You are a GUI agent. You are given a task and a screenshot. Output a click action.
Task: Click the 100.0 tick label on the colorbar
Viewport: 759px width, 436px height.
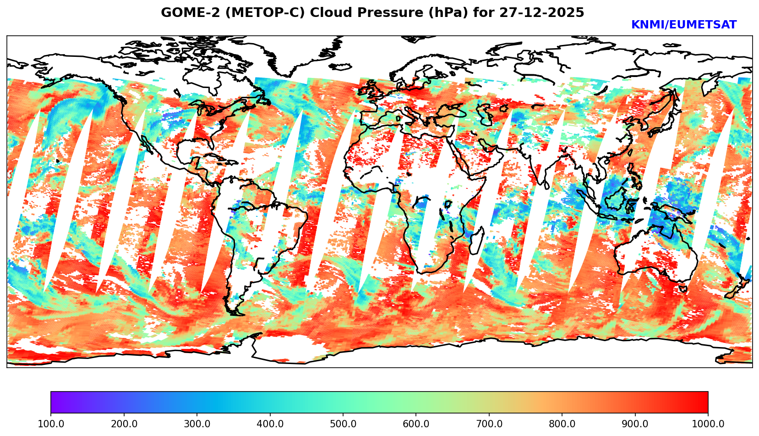[x=51, y=424]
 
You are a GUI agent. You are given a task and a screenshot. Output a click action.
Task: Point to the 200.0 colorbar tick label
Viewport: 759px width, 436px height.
[x=124, y=424]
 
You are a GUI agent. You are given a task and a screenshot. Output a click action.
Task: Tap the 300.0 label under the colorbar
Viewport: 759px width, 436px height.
[x=197, y=424]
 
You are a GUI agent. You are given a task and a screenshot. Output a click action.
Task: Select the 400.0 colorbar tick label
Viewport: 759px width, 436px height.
[x=270, y=424]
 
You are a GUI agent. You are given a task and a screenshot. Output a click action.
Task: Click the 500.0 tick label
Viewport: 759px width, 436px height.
[x=343, y=424]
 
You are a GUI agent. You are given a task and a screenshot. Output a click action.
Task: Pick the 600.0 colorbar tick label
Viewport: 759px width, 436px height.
[x=416, y=424]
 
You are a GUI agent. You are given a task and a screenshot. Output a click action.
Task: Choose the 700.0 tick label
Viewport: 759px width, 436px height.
[x=489, y=424]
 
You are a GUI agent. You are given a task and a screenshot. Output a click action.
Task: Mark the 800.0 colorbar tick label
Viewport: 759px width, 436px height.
[x=562, y=424]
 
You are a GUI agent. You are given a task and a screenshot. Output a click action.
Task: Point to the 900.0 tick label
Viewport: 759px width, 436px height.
[x=635, y=424]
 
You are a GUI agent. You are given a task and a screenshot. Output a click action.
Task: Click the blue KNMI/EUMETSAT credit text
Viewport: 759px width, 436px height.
[x=683, y=25]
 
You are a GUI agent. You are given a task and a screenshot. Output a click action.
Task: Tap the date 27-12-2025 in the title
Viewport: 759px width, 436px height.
[x=541, y=13]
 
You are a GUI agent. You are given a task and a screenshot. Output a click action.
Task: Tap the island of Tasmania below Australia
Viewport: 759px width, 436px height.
[x=683, y=288]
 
